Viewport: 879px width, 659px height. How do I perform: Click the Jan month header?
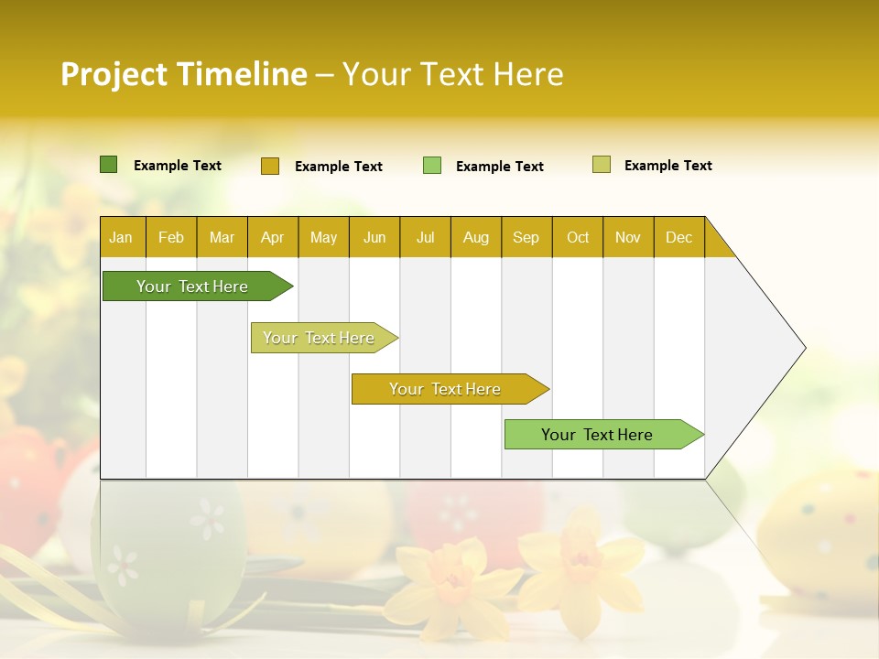tap(121, 238)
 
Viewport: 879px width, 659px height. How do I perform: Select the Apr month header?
tap(272, 238)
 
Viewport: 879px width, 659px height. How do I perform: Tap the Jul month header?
tap(425, 238)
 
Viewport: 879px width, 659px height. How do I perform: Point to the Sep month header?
tap(526, 238)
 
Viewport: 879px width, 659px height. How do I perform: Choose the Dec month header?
tap(678, 238)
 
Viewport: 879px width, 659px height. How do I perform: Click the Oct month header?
tap(578, 238)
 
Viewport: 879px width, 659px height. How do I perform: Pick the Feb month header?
tap(171, 238)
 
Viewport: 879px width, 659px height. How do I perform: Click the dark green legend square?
tap(109, 165)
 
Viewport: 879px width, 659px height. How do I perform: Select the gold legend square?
tap(269, 166)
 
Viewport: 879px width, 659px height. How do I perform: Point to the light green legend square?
tap(432, 166)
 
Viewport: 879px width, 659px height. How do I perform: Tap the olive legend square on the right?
tap(602, 165)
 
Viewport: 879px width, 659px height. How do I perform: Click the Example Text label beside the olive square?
tap(667, 166)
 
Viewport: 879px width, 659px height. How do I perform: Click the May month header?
tap(323, 238)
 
